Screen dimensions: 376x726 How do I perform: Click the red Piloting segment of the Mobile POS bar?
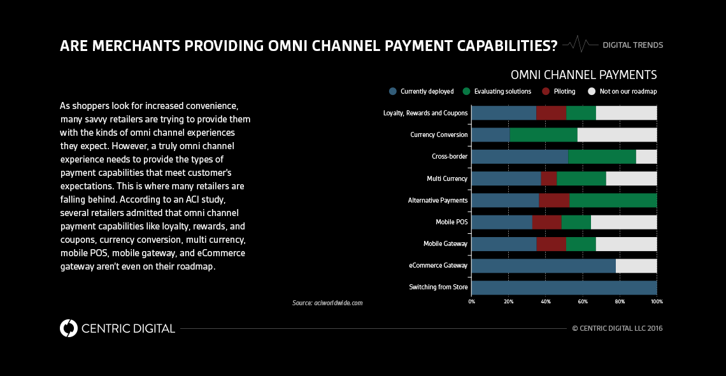546,222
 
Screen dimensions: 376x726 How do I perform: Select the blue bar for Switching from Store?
564,287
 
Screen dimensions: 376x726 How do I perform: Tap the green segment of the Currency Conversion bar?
543,134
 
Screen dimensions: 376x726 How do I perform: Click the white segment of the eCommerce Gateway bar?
636,265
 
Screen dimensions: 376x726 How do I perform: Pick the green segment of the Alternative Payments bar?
613,200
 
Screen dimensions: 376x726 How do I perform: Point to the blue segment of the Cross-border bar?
519,157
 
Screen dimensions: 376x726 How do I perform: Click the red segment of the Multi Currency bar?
548,178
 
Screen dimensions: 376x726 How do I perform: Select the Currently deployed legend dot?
393,91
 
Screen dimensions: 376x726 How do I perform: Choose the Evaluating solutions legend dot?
467,91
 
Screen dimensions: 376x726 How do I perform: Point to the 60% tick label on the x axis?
583,301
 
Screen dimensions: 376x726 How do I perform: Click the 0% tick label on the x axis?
471,301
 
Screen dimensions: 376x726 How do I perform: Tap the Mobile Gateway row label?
445,243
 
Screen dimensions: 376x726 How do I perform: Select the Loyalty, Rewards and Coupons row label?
425,113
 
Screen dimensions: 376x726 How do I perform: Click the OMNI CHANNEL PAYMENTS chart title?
583,75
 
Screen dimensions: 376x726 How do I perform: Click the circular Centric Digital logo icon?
68,328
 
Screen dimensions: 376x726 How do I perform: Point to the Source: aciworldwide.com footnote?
327,303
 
